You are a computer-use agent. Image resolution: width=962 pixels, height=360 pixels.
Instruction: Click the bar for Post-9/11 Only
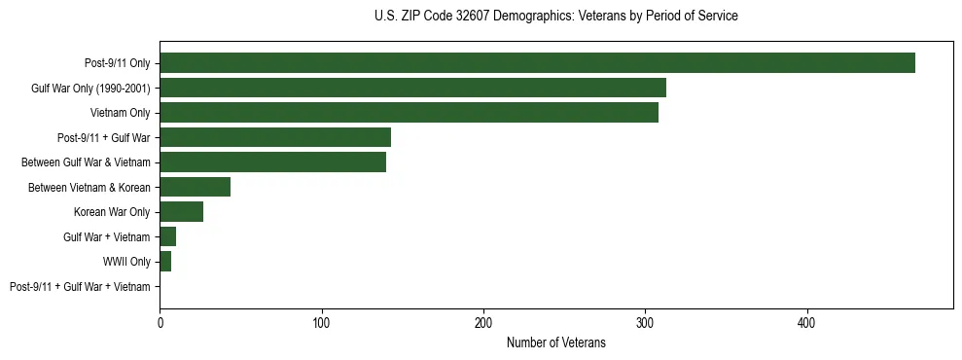(537, 63)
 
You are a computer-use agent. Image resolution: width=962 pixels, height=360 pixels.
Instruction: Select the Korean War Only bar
(181, 212)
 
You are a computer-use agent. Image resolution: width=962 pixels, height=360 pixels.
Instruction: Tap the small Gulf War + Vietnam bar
(167, 236)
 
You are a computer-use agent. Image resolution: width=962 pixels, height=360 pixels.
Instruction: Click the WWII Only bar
(165, 262)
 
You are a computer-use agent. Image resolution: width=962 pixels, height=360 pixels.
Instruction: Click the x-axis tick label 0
(160, 322)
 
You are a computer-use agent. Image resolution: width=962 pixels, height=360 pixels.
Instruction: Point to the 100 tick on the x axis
(321, 322)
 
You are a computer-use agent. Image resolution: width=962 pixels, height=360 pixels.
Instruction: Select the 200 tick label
(482, 322)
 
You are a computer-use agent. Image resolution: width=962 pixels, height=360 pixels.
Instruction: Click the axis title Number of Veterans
(555, 342)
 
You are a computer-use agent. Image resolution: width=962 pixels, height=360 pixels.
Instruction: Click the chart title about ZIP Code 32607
(555, 17)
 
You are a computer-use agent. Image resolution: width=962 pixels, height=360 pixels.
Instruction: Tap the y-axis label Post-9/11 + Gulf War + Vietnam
(80, 287)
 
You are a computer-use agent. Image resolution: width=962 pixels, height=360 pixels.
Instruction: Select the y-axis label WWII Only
(126, 262)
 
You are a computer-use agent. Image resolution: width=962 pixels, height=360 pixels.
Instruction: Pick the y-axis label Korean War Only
(112, 212)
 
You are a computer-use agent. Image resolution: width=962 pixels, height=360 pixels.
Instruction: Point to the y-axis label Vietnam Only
(120, 113)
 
